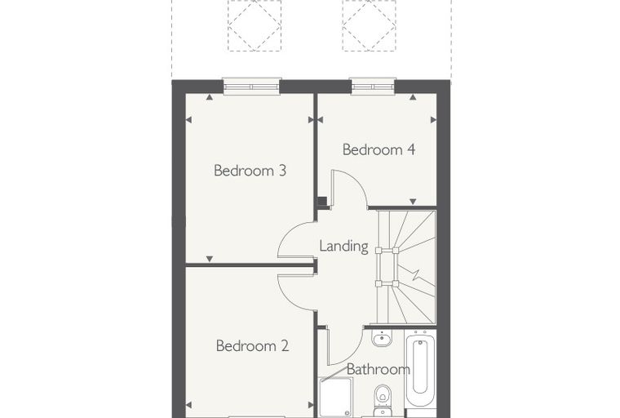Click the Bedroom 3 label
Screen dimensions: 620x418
[250, 171]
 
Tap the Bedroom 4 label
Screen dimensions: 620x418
[379, 149]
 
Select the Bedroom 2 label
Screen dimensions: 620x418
[252, 346]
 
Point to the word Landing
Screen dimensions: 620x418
[343, 247]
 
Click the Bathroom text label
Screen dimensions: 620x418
[378, 369]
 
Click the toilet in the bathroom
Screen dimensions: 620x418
[383, 400]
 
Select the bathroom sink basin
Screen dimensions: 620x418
[382, 339]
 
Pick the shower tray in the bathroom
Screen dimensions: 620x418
[336, 397]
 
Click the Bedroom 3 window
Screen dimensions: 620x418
[251, 87]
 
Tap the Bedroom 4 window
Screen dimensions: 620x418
[374, 87]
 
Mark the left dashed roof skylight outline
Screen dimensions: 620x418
[255, 25]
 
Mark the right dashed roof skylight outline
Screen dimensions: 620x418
[370, 25]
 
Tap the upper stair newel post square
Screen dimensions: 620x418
[387, 250]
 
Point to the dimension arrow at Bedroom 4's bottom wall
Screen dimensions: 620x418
[413, 202]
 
